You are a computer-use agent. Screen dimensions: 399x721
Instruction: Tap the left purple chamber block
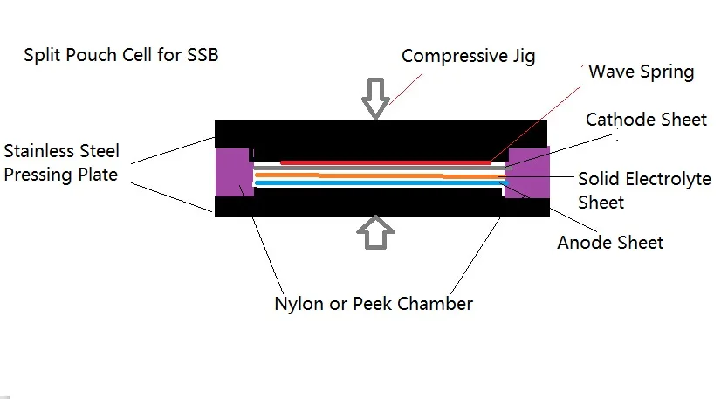click(x=234, y=171)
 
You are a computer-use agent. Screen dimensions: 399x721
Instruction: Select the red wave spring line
click(x=384, y=162)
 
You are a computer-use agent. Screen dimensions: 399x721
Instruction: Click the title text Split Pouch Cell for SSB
click(x=120, y=56)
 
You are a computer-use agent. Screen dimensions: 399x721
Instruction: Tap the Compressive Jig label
click(x=468, y=56)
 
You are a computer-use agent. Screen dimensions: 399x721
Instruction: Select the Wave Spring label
click(x=642, y=72)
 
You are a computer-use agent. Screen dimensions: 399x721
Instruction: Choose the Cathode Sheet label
click(x=646, y=119)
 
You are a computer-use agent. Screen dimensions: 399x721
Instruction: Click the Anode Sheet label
click(x=610, y=242)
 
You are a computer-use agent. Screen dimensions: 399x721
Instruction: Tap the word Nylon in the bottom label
click(x=299, y=304)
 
